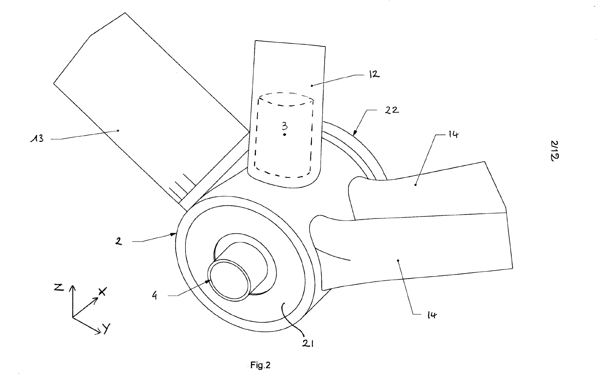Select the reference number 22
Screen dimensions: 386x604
392,110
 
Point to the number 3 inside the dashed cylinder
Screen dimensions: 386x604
285,126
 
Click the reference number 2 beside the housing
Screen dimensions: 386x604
119,241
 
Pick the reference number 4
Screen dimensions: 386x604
154,296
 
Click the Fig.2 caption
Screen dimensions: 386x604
261,365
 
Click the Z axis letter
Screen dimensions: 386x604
59,287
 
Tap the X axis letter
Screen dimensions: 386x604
102,292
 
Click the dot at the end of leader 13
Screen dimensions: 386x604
118,130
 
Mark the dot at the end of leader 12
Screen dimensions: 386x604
312,85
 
